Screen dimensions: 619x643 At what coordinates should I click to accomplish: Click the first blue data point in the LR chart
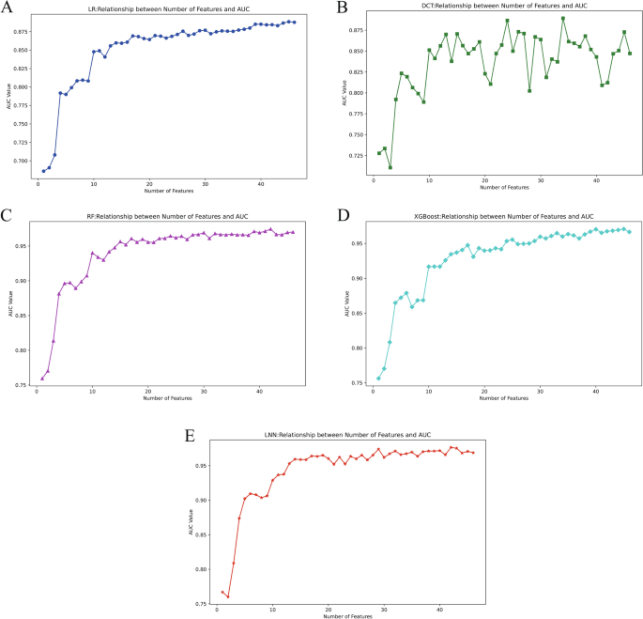[43, 171]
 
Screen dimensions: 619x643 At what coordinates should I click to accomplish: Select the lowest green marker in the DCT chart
[390, 167]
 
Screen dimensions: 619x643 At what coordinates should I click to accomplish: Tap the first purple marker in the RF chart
[42, 379]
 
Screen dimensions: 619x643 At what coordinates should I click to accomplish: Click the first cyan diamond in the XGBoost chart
[378, 379]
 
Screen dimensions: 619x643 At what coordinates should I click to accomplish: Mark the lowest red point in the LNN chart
[228, 596]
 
